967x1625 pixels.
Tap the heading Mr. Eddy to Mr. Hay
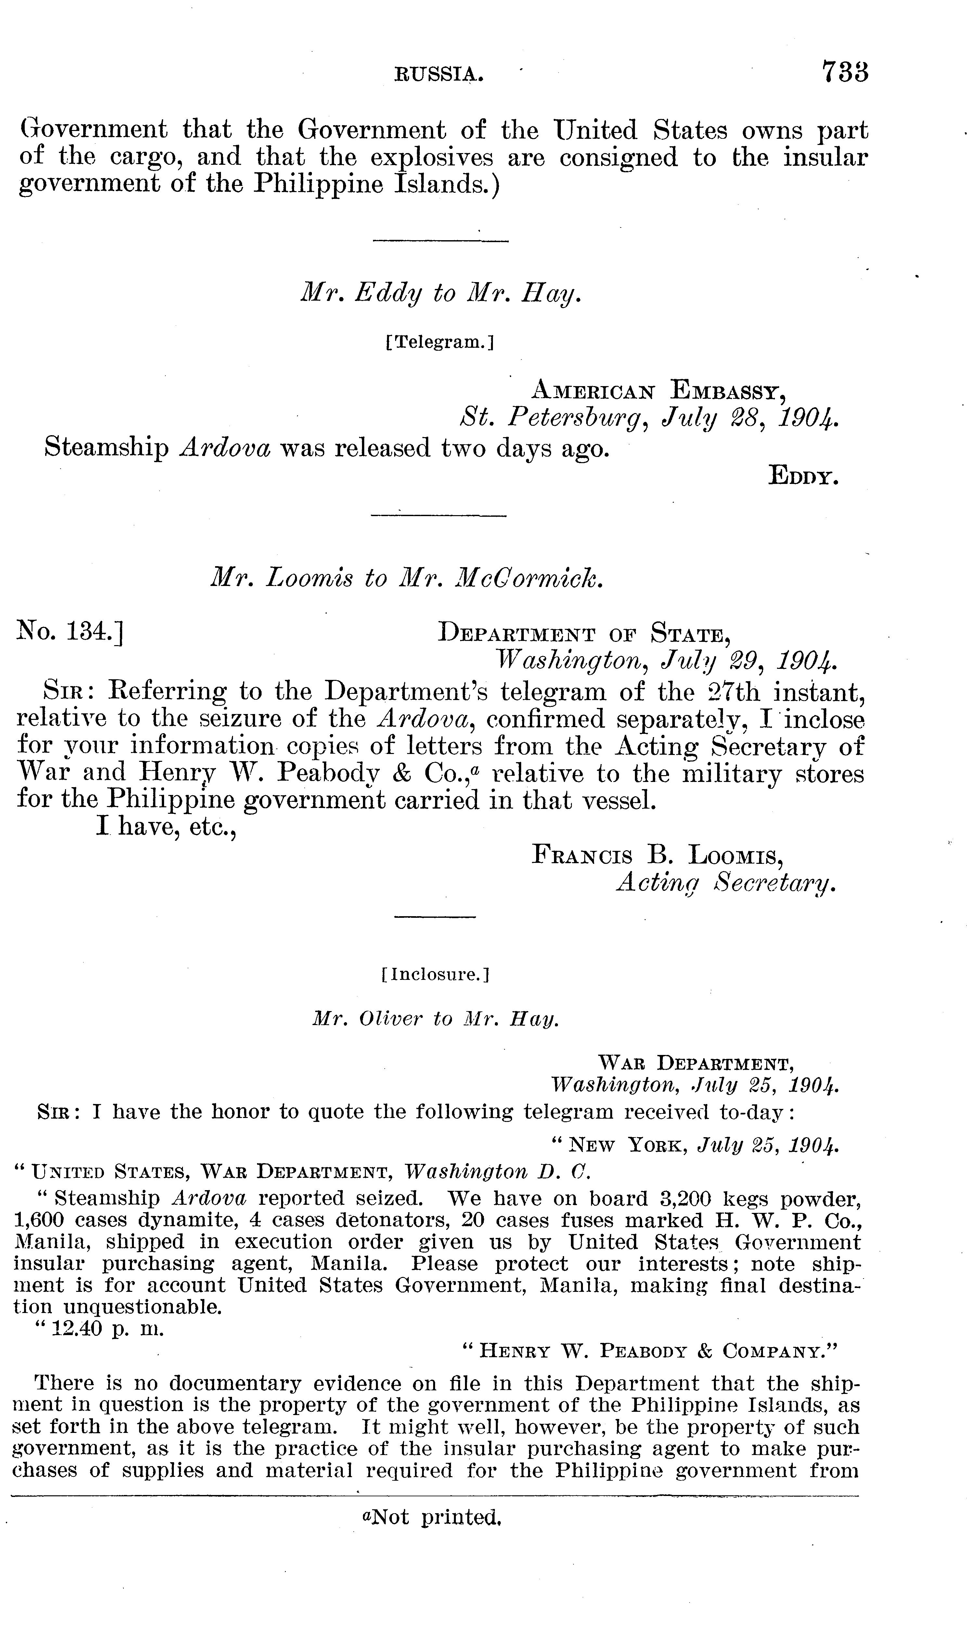[x=440, y=295]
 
